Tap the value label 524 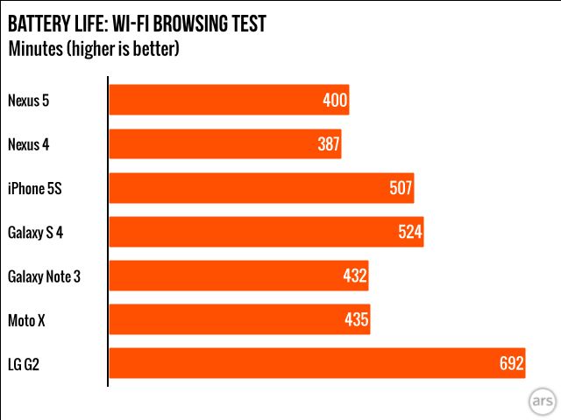409,232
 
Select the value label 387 328,144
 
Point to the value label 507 400,188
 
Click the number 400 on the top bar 335,101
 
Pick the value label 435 356,320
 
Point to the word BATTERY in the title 41,24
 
